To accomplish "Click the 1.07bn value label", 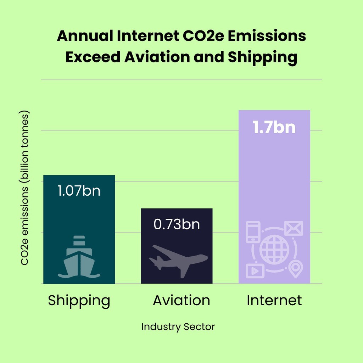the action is click(79, 191).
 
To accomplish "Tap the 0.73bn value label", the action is click(177, 224).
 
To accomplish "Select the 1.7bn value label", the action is click(274, 127).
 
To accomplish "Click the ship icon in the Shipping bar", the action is click(79, 257).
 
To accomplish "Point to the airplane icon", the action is click(178, 261).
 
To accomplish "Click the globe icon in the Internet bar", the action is click(274, 250).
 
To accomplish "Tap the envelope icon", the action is click(294, 228).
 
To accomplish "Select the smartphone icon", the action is click(253, 232).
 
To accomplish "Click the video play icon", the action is click(255, 271).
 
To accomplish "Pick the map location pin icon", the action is click(295, 269).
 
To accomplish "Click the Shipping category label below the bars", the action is click(79, 301).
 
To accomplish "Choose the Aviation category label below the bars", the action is click(181, 300).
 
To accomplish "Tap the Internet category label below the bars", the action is click(274, 300).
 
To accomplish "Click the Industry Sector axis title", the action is click(178, 327).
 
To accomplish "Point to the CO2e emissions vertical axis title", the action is click(24, 188).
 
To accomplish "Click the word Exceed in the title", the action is click(93, 57).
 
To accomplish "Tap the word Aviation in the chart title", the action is click(157, 57).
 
